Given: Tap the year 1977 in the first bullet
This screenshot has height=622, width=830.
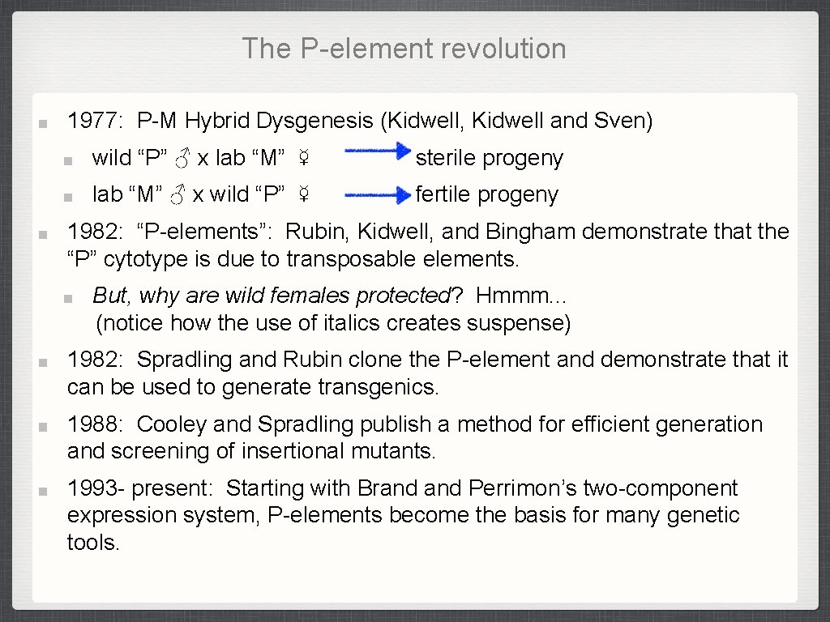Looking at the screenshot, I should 92,121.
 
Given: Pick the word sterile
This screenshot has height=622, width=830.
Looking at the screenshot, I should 446,158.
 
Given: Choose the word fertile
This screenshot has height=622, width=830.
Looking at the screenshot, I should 443,194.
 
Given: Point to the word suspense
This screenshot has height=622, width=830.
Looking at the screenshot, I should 520,323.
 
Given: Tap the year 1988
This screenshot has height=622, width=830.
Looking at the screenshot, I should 92,424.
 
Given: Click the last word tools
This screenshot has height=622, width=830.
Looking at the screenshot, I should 93,542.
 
